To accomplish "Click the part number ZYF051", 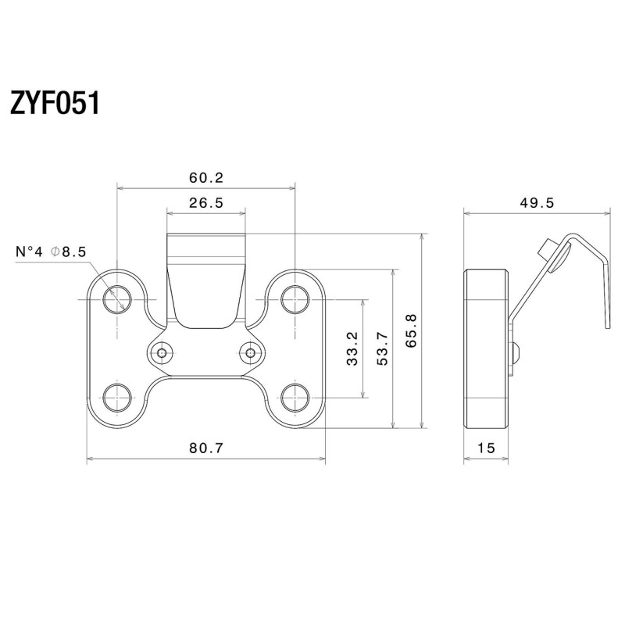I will (x=55, y=102).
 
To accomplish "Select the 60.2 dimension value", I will (x=205, y=177).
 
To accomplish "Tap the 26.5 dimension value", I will (x=206, y=202).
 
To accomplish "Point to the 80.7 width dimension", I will (x=206, y=448).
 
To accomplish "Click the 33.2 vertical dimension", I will (x=352, y=348).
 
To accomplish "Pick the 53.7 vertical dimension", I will (x=383, y=348).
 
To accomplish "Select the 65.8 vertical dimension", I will (x=412, y=331).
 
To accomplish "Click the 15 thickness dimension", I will (x=486, y=448).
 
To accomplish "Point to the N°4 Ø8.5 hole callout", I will (x=51, y=252).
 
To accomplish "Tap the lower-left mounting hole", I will (x=118, y=397).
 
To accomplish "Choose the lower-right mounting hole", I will (x=295, y=397).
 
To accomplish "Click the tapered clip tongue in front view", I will (x=206, y=289).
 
